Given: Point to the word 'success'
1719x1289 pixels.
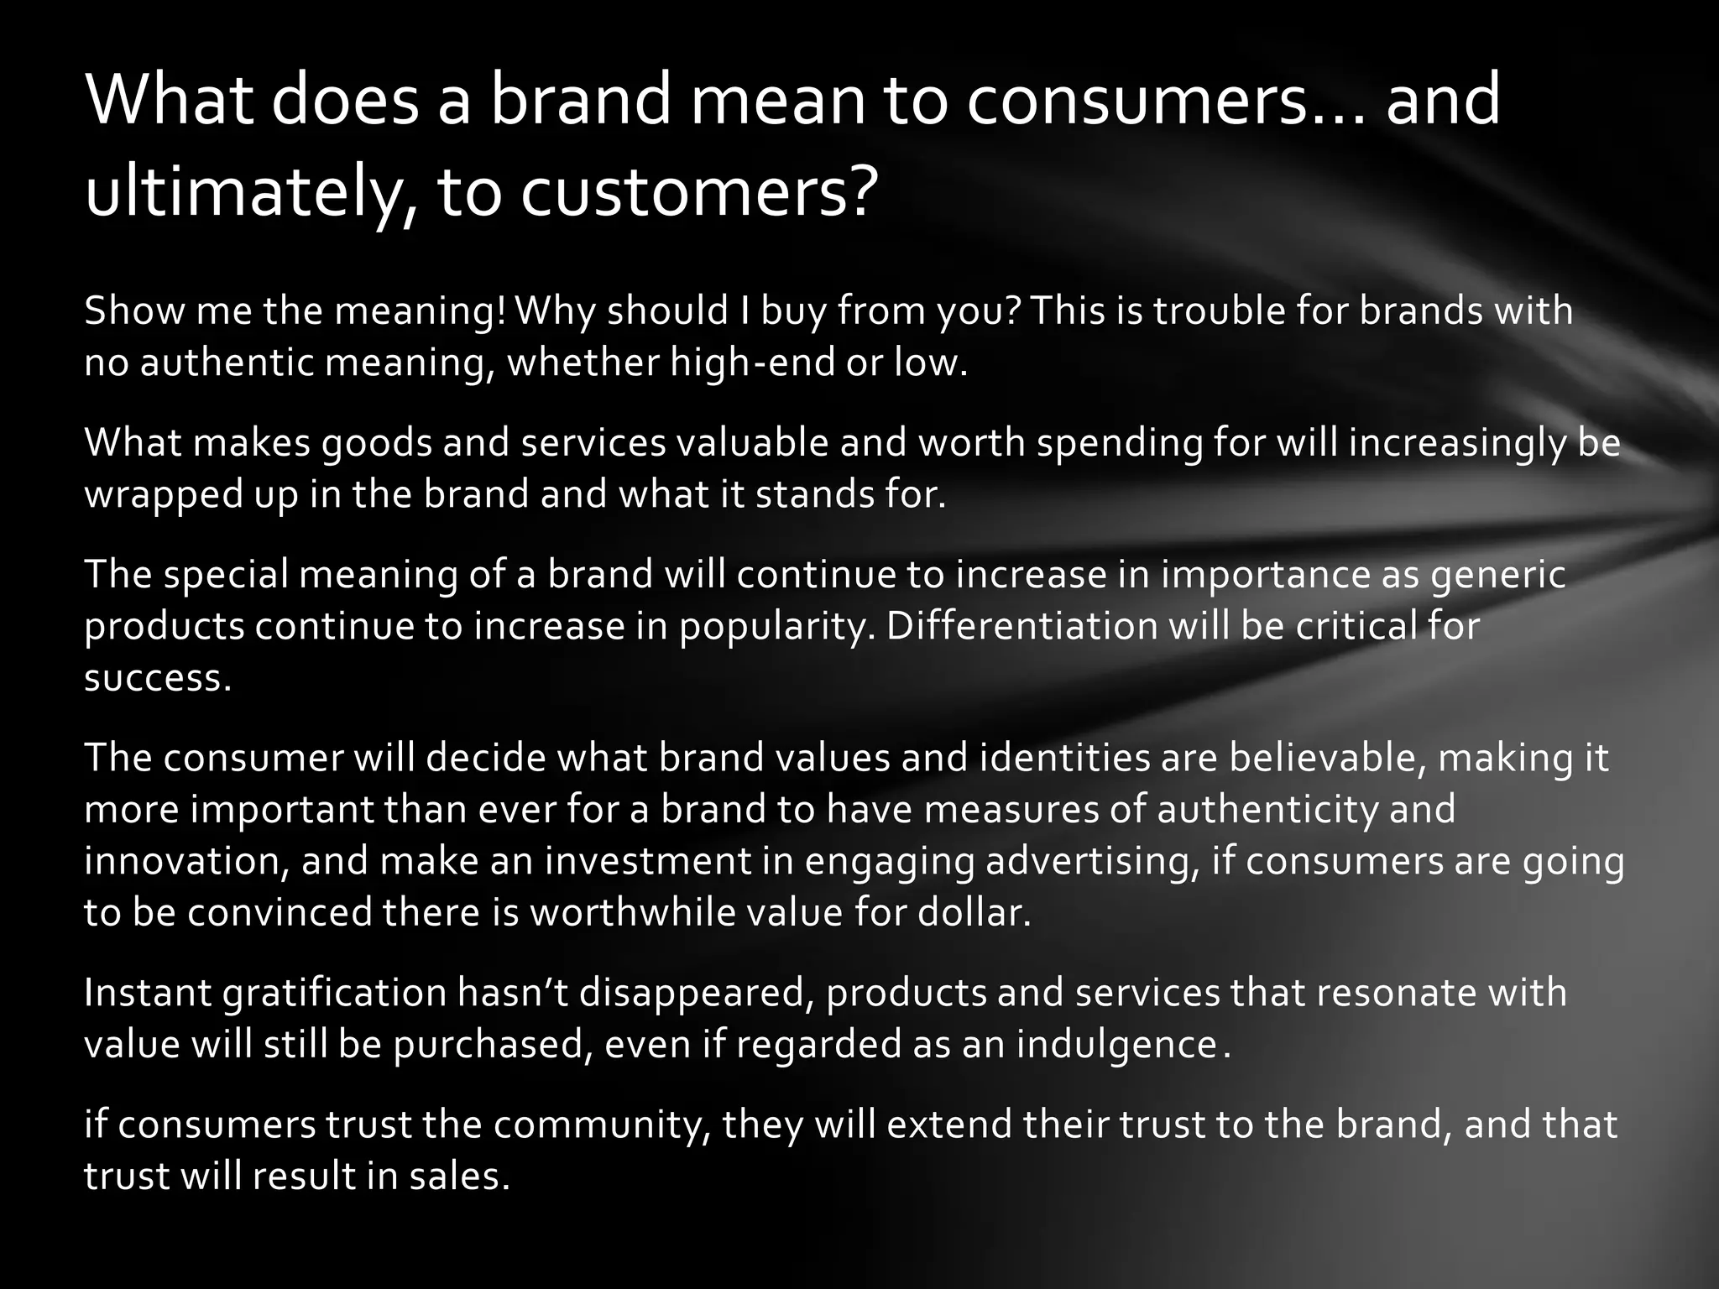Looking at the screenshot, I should (156, 678).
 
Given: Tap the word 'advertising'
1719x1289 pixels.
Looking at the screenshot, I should (1090, 862).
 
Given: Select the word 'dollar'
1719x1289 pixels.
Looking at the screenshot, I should (972, 913).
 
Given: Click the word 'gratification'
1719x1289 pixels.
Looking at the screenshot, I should (335, 994).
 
